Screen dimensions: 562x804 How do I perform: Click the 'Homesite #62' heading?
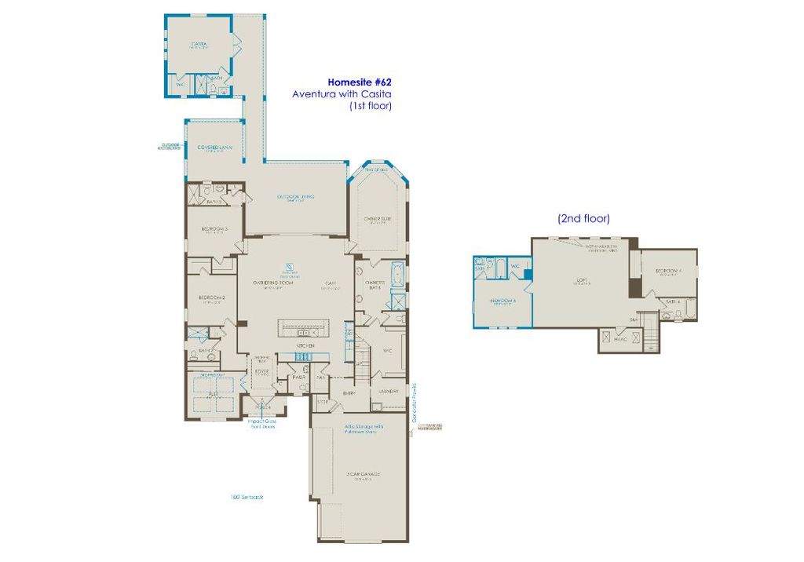360,82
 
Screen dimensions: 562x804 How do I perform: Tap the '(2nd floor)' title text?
583,219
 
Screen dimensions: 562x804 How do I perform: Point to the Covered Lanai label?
210,147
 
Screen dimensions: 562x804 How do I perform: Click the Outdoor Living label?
296,196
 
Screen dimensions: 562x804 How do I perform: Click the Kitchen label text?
305,345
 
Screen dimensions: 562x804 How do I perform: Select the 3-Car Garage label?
362,474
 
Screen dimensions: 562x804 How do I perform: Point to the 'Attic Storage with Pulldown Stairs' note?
363,430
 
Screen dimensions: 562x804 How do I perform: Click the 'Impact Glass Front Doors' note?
261,424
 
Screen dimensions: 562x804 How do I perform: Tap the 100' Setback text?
243,496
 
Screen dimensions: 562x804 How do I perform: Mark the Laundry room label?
390,391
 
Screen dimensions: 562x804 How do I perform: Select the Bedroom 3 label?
214,228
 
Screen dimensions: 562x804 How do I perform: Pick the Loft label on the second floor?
582,282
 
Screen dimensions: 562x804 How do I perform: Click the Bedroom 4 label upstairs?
669,272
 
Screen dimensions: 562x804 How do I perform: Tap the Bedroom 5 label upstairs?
502,301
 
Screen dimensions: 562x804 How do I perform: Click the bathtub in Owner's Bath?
397,276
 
